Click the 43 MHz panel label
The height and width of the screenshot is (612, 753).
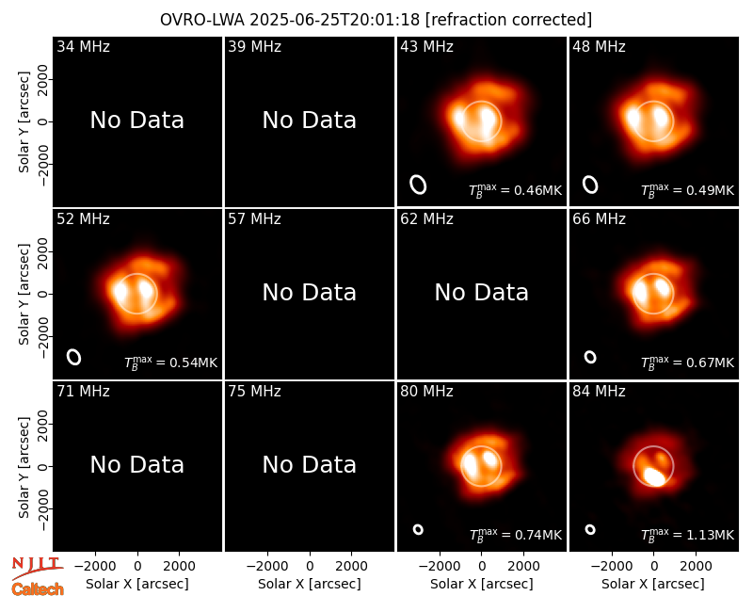[x=426, y=46]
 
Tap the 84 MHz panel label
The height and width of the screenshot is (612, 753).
[x=599, y=392]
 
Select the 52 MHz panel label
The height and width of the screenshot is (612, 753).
[x=83, y=219]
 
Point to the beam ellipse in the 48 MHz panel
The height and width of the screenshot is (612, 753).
[x=590, y=185]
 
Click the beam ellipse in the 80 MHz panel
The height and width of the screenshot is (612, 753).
[x=418, y=529]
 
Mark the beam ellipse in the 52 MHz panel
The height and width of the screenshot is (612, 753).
[x=74, y=357]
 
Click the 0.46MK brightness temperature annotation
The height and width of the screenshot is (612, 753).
[x=515, y=190]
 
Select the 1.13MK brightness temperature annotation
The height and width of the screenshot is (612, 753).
[x=688, y=535]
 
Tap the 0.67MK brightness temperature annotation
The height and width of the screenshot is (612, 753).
[x=688, y=362]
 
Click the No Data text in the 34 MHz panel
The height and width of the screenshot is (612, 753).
[x=136, y=121]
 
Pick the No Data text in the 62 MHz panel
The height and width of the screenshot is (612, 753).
[x=482, y=292]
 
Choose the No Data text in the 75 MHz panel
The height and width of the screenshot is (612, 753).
[x=310, y=464]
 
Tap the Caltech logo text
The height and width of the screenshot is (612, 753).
[x=38, y=589]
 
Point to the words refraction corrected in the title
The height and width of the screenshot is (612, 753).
[x=508, y=20]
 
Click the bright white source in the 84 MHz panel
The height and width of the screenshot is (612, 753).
[x=654, y=476]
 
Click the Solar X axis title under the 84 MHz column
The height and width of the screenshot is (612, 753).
[x=653, y=584]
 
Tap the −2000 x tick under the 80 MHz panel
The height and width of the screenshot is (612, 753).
[x=439, y=567]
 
